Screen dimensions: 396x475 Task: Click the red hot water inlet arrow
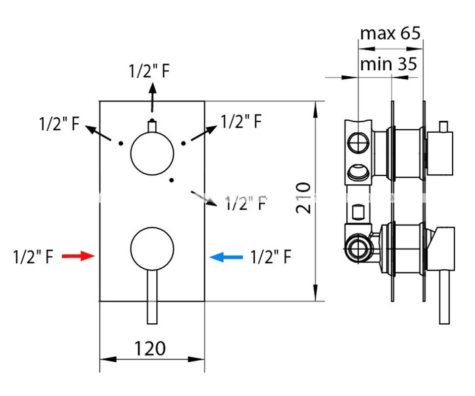pos(78,256)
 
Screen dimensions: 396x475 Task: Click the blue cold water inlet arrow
pos(226,256)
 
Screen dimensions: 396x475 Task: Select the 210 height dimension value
pos(303,198)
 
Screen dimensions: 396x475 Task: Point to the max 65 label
pos(390,34)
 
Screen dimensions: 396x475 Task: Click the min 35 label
pos(389,64)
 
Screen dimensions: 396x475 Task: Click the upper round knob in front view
pos(152,153)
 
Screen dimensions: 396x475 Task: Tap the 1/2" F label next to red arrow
pos(33,257)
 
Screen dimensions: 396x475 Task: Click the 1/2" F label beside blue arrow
pos(270,257)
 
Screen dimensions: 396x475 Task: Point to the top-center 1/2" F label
pos(150,71)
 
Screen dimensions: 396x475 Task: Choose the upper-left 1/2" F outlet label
pos(59,123)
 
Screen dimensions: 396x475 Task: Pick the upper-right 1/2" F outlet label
pos(241,121)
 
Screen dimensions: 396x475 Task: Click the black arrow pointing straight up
pos(152,97)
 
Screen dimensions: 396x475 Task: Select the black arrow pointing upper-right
pos(205,133)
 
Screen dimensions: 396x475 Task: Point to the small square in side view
pos(358,213)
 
